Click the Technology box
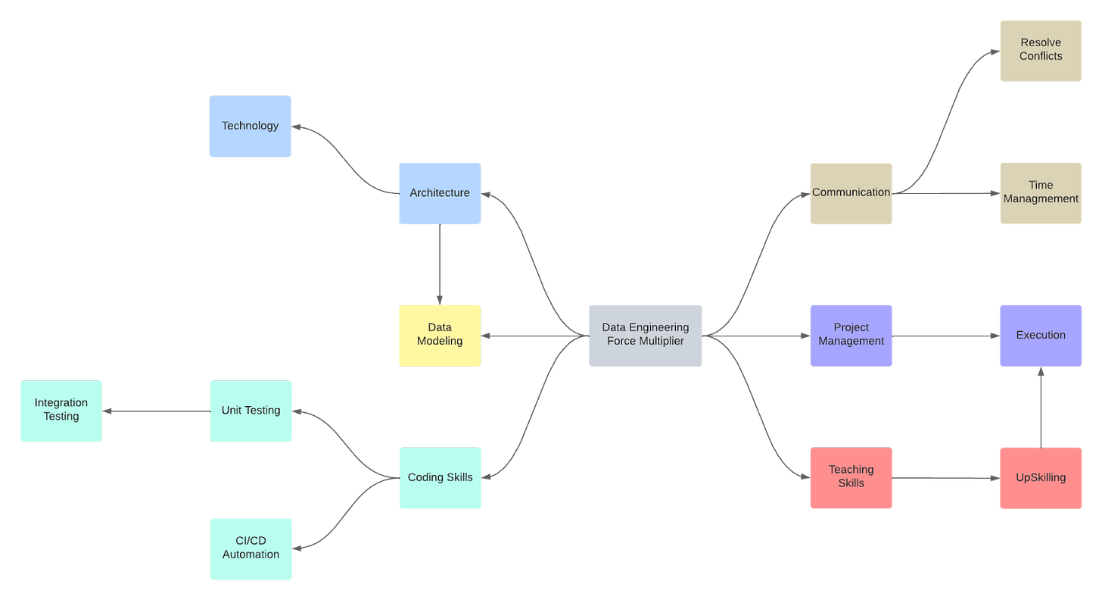[250, 126]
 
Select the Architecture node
[440, 193]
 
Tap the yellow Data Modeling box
[440, 335]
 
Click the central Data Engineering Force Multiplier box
[645, 335]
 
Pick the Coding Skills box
[440, 477]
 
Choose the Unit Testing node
[251, 411]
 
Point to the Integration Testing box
[61, 411]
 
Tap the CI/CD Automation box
[251, 548]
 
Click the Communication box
[851, 193]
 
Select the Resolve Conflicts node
[1041, 50]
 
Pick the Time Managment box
[1041, 193]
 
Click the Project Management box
[851, 335]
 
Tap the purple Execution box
[1041, 335]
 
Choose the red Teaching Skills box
[851, 477]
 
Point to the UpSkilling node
[1041, 477]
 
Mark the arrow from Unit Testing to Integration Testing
[156, 411]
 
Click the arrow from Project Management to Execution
[946, 335]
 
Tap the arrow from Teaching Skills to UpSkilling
[946, 478]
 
